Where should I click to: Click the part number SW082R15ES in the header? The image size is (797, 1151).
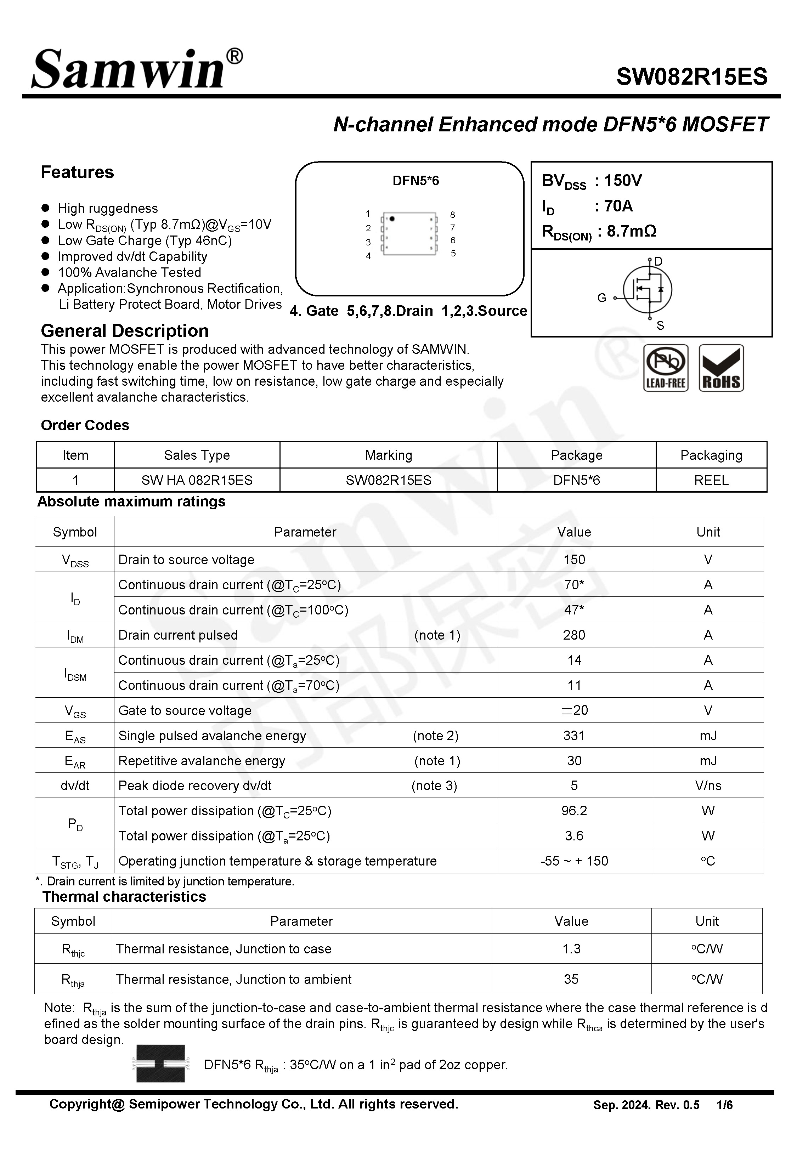click(x=692, y=77)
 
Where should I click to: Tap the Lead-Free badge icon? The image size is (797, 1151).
click(x=666, y=368)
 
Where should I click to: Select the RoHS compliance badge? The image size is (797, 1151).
click(x=721, y=368)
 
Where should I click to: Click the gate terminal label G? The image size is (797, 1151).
click(x=602, y=298)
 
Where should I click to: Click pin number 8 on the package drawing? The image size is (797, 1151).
click(x=452, y=215)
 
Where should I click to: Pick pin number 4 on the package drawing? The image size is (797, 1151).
click(x=368, y=256)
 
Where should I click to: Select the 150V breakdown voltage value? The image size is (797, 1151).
click(x=623, y=181)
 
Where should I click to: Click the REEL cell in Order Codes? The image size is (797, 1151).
click(x=711, y=480)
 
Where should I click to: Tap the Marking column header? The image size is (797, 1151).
click(x=389, y=455)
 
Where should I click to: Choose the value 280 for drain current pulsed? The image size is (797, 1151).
click(x=574, y=635)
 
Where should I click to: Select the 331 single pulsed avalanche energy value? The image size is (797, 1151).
click(x=574, y=735)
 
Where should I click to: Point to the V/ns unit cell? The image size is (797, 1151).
click(x=708, y=786)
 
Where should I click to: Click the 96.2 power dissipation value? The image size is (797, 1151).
click(x=574, y=811)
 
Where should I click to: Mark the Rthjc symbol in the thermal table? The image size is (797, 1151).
click(x=73, y=950)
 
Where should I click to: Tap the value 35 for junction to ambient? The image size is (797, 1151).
click(x=571, y=979)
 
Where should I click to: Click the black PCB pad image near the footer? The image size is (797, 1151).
click(x=161, y=1064)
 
